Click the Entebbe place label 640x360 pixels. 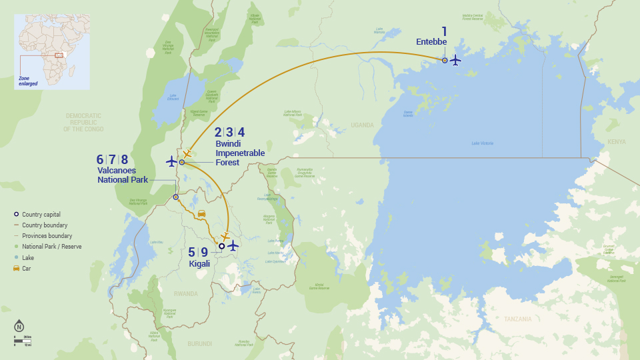point(431,42)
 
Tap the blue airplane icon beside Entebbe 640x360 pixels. point(455,60)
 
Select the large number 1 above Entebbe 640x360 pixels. point(444,31)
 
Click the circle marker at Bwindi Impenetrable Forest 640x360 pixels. point(181,162)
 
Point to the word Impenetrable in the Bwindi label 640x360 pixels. point(240,153)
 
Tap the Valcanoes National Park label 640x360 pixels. point(123,175)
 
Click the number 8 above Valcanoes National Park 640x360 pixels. point(124,159)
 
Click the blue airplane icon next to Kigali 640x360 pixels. point(233,246)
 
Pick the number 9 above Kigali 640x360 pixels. point(205,252)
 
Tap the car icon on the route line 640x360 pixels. point(201,213)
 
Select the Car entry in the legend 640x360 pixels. point(27,268)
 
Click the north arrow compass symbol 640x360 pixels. point(19,327)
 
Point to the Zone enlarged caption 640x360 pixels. point(28,81)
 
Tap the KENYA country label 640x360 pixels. point(617,141)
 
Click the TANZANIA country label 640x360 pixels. point(517,319)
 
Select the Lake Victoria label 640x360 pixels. point(482,143)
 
